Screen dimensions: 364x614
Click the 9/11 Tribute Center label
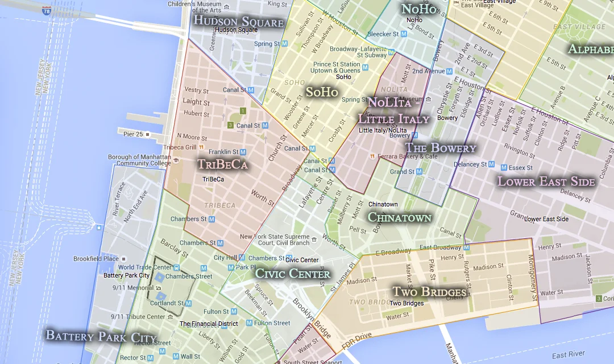point(138,317)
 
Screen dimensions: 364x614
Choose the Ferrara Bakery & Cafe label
point(406,156)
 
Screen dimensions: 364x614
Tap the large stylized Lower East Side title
point(546,181)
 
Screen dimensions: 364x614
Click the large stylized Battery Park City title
point(101,336)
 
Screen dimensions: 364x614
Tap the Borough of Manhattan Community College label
point(139,160)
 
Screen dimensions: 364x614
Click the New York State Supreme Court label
point(275,239)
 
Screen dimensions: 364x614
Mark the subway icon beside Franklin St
point(243,152)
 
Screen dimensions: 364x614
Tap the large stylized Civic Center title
point(293,274)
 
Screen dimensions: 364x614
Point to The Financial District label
point(209,324)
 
